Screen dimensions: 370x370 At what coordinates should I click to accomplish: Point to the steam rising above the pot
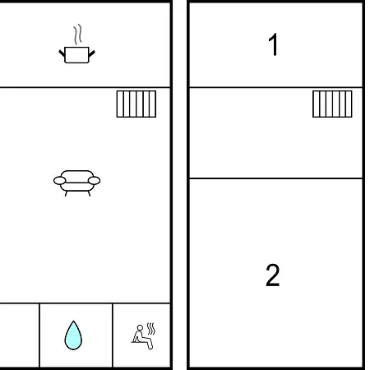pos(78,35)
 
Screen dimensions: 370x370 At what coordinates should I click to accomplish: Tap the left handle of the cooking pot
pos(62,53)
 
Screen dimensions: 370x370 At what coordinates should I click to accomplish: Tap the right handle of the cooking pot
pos(91,53)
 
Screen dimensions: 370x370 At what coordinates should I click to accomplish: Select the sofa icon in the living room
pos(76,183)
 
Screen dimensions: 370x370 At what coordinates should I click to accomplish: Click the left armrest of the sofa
pos(60,181)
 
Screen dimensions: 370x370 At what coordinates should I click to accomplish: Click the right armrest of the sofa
pos(94,181)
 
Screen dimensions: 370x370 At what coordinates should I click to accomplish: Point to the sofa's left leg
pos(66,193)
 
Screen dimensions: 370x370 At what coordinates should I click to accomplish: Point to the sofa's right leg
pos(89,193)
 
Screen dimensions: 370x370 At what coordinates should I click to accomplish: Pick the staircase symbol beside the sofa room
pos(136,104)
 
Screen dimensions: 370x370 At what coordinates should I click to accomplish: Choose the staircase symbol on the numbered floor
pos(332,104)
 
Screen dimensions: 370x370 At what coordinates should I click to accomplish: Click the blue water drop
pos(73,335)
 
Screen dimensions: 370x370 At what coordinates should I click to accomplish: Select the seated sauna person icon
pos(143,336)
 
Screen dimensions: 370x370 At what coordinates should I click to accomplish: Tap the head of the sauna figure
pos(140,328)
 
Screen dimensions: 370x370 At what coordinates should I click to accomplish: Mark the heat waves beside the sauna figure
pos(151,329)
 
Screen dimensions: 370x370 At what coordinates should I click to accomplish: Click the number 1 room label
pos(273,44)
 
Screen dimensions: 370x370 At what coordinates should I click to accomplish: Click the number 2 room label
pos(273,275)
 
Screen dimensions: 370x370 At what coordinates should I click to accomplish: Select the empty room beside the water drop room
pos(19,335)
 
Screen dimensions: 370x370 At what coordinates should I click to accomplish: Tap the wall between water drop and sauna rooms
pos(113,335)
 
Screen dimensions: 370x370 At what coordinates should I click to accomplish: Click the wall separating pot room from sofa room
pos(85,87)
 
